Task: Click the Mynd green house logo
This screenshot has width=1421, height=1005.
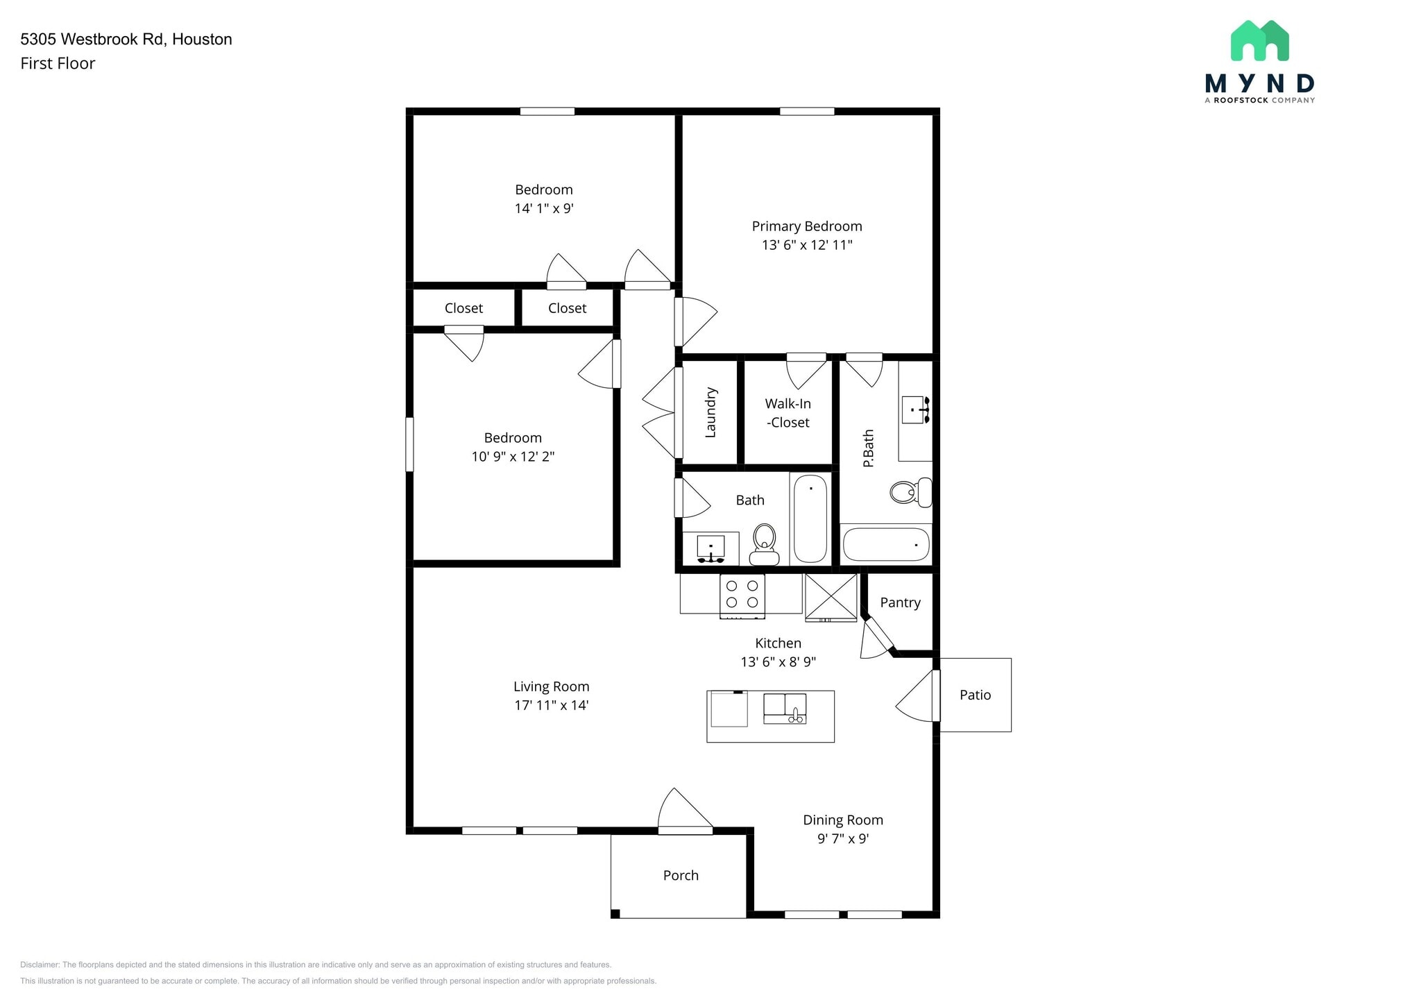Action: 1259,40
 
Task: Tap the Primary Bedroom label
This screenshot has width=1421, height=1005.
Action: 807,226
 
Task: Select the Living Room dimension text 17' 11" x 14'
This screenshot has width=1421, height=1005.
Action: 552,705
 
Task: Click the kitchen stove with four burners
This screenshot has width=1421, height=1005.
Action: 742,596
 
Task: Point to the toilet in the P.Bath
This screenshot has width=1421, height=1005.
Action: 911,492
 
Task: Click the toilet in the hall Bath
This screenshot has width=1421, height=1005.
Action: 764,545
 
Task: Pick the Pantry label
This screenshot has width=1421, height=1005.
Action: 901,602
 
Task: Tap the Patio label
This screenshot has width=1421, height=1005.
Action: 975,695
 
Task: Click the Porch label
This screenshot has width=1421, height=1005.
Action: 681,875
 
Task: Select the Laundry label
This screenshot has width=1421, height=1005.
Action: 710,412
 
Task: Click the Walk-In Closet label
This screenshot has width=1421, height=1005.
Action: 788,413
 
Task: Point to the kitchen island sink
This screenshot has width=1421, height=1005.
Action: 785,709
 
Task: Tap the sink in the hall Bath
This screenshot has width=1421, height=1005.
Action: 710,548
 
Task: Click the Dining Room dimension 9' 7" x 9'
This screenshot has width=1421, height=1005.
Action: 843,838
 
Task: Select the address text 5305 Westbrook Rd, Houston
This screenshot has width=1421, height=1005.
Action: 126,39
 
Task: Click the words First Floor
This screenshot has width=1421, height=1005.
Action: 58,63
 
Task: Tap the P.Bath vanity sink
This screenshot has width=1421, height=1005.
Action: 916,410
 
